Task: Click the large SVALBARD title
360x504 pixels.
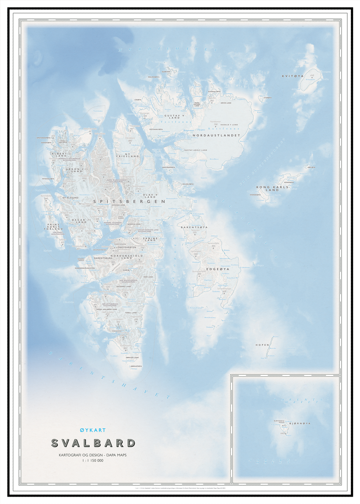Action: (93, 443)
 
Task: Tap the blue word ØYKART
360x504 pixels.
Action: (93, 431)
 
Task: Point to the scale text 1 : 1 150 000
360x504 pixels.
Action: (93, 461)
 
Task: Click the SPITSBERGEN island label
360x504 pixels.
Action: (129, 202)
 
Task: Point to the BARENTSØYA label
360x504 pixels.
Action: (194, 228)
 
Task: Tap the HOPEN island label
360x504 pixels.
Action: (262, 345)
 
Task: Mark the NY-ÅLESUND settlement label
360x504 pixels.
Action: (71, 198)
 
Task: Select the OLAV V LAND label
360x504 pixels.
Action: (150, 195)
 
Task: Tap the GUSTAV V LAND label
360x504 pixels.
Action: (172, 117)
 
